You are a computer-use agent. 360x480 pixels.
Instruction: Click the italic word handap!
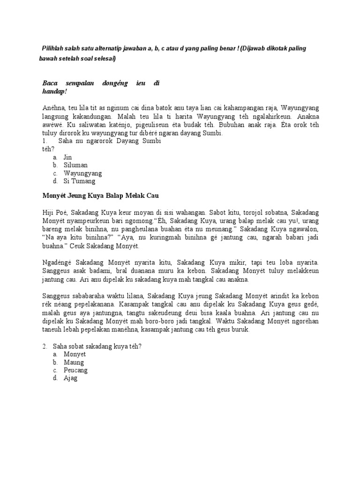[55, 91]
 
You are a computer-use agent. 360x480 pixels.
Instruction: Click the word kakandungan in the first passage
[96, 116]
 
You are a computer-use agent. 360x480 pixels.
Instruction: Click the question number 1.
[45, 141]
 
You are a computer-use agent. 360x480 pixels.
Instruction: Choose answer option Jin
[68, 157]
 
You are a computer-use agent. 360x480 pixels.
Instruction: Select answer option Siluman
[76, 165]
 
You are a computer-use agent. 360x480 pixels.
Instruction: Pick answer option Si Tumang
[80, 181]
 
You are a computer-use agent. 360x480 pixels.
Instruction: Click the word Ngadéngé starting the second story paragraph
[58, 262]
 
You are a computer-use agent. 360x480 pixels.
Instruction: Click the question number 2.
[45, 346]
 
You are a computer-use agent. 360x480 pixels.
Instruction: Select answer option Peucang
[76, 370]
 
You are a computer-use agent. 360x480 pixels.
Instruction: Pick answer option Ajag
[70, 378]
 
